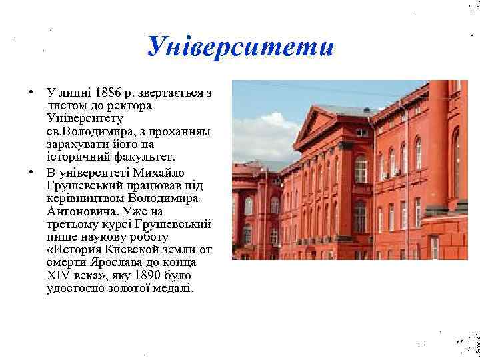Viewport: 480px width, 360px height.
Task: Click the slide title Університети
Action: coord(239,46)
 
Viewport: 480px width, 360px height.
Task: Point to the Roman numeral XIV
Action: coord(58,275)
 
